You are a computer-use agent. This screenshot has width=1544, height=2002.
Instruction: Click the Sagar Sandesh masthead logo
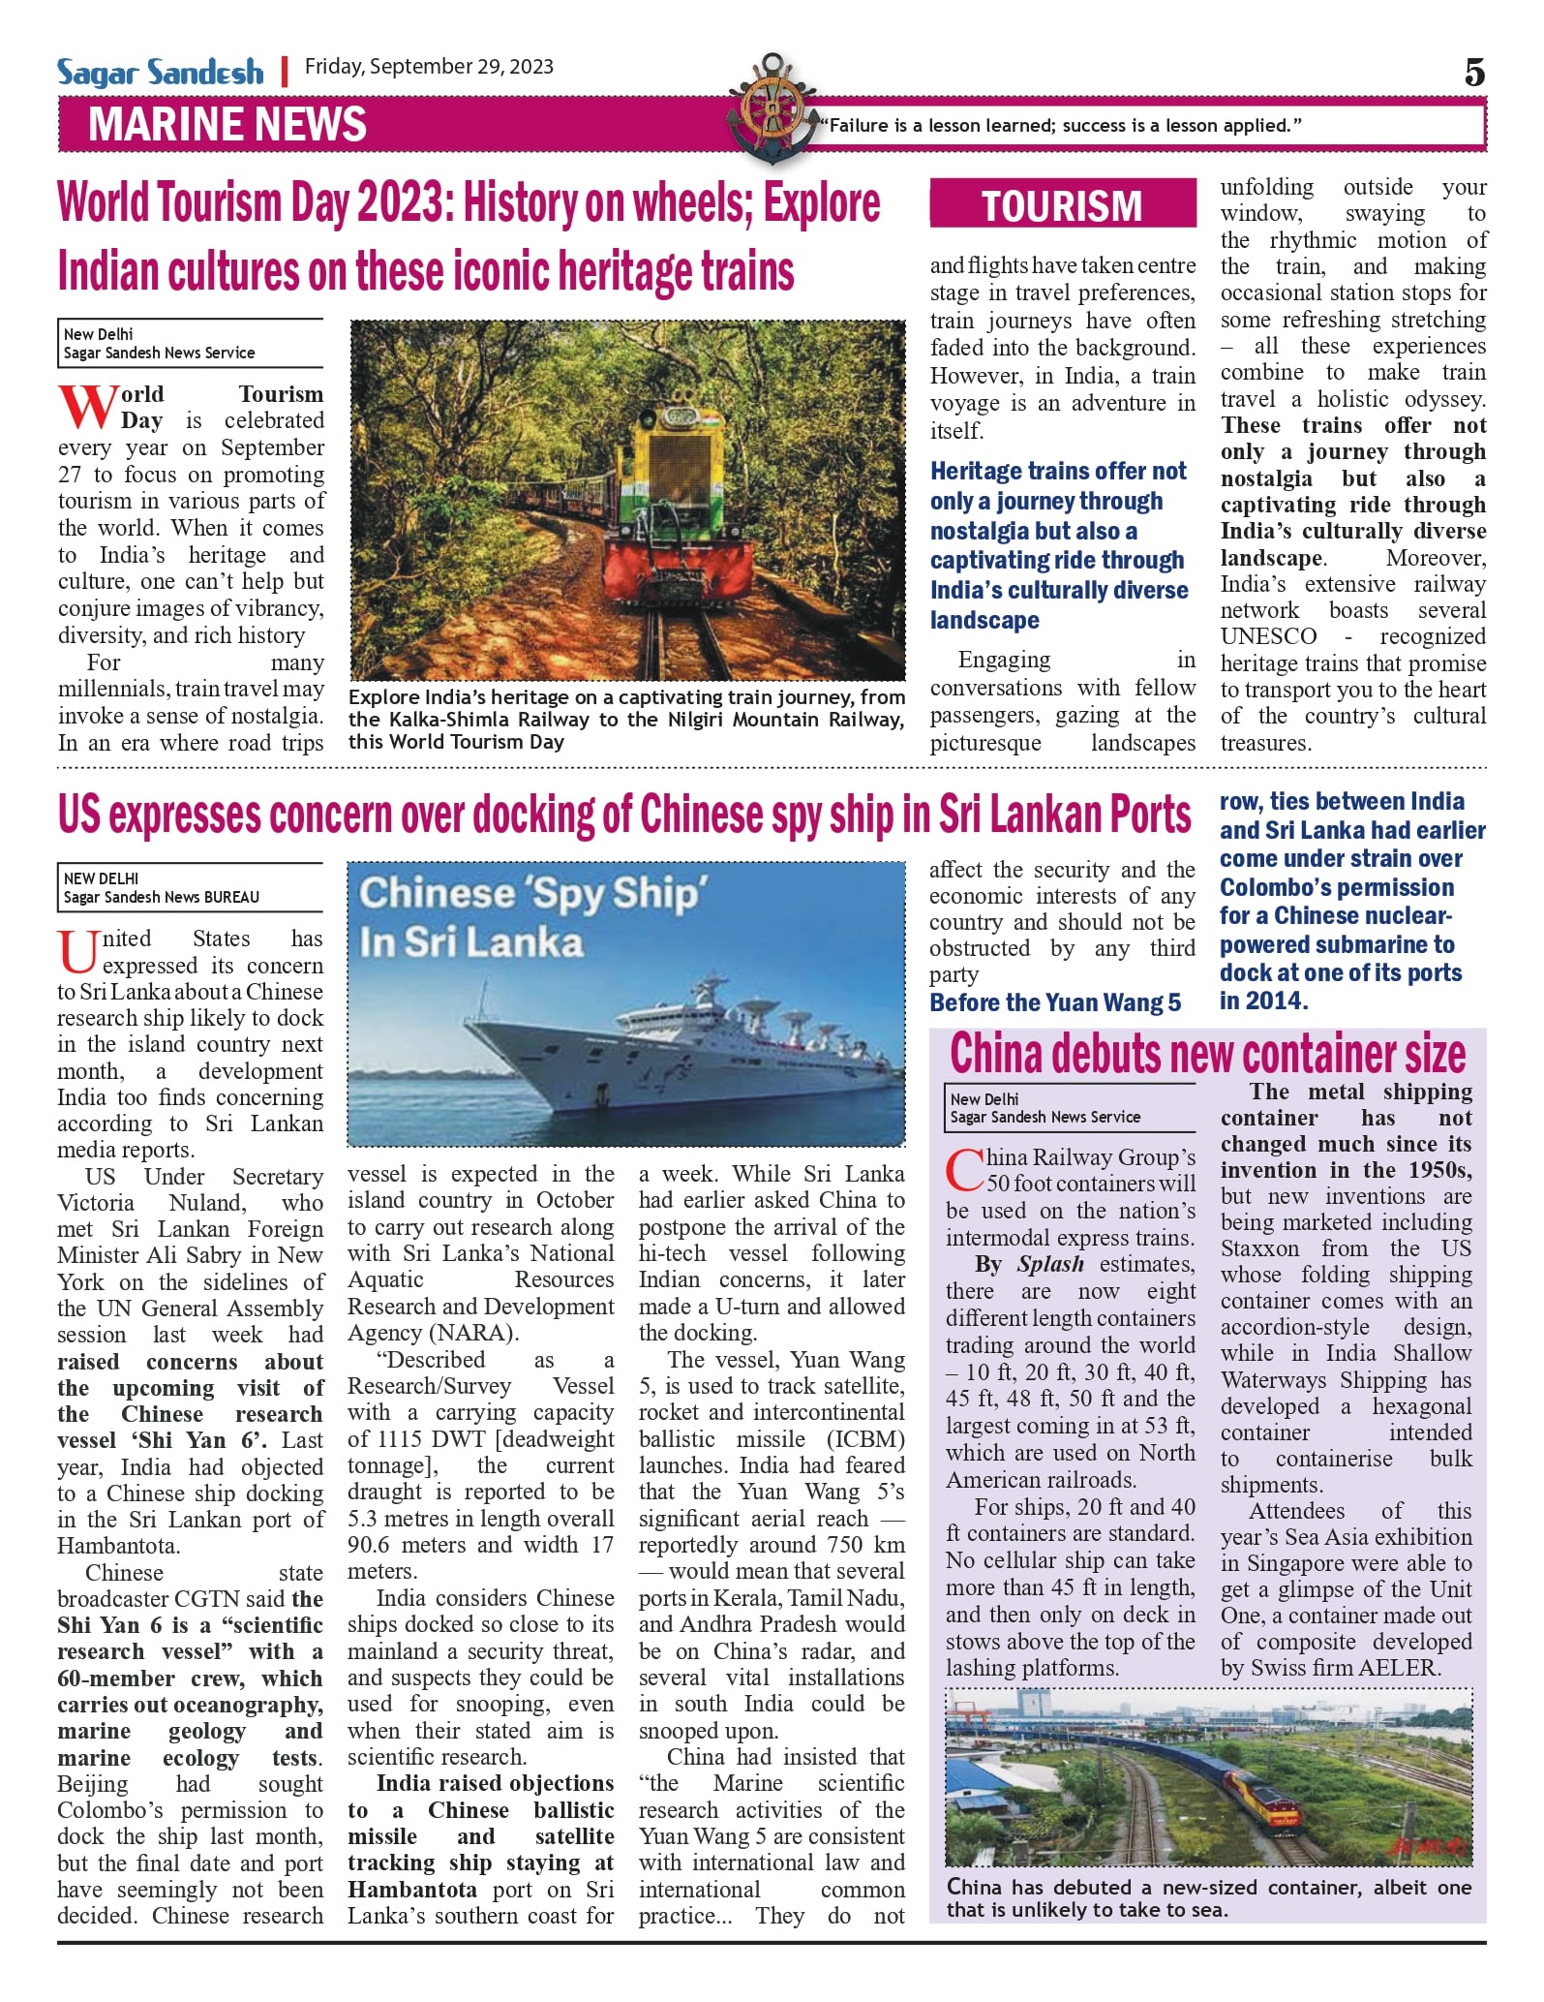tap(160, 73)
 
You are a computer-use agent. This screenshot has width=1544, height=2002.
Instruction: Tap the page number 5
tap(1473, 73)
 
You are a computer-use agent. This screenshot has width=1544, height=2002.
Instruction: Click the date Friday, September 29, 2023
tap(429, 67)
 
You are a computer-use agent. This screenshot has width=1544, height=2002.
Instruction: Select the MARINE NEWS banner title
tap(227, 125)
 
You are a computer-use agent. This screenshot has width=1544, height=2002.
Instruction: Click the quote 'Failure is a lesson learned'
tap(1060, 125)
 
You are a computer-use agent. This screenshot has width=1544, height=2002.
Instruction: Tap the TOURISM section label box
tap(1062, 204)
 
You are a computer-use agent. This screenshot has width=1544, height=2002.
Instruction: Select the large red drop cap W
tap(87, 408)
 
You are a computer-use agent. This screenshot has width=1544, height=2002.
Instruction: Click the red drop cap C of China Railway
tap(964, 1170)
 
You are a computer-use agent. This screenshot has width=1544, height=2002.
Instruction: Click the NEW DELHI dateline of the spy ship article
tap(101, 878)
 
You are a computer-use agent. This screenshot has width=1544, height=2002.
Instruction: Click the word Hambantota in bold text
tap(412, 1889)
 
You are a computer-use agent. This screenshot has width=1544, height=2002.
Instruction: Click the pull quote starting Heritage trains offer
tap(1059, 544)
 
